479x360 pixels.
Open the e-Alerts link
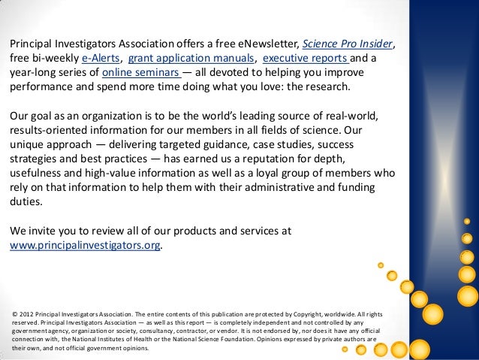tap(101, 57)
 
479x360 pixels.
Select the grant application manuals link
tap(191, 57)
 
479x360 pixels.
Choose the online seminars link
tap(140, 73)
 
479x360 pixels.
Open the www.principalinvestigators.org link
tap(84, 246)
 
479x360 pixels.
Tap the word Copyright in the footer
tap(315, 313)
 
